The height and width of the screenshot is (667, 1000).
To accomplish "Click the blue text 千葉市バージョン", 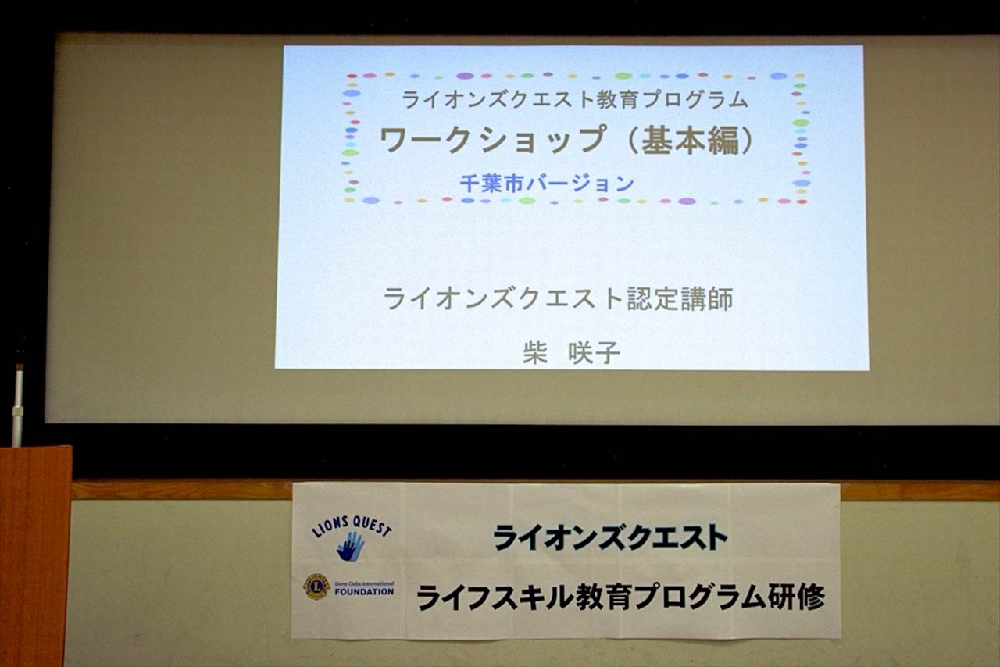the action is click(x=547, y=184).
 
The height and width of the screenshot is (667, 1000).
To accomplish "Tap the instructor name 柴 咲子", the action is click(x=572, y=353).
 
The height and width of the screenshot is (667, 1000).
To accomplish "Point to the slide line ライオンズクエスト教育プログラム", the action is click(x=575, y=99).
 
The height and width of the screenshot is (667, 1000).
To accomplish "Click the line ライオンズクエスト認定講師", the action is click(x=559, y=298).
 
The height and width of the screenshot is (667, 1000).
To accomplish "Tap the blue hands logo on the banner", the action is click(x=351, y=547).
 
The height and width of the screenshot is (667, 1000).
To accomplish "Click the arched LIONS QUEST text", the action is click(x=352, y=527).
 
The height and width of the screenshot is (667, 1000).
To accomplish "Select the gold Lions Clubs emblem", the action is click(x=316, y=587).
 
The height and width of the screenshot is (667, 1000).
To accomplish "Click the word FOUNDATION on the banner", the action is click(x=364, y=592).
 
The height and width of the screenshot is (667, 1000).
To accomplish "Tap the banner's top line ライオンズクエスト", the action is click(x=610, y=537).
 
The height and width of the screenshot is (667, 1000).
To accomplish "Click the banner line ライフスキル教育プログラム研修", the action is click(x=620, y=597).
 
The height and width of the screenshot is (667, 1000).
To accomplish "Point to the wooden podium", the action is click(x=35, y=556).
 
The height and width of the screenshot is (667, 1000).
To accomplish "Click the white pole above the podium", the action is click(x=18, y=405).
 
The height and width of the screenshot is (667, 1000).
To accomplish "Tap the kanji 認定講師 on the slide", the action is click(x=680, y=298).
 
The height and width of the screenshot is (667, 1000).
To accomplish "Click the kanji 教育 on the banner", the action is click(x=604, y=597).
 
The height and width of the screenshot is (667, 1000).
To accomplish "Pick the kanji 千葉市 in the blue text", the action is click(x=492, y=184).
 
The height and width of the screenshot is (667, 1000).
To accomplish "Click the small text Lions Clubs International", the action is click(x=364, y=583).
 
